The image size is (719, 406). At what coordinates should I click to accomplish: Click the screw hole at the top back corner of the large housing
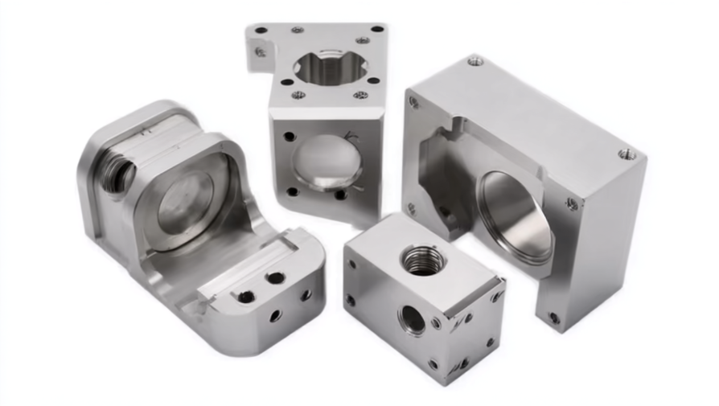pyautogui.click(x=475, y=60)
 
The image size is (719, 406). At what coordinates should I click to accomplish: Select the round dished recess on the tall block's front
pyautogui.click(x=326, y=161)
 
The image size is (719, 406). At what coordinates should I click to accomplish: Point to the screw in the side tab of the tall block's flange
pyautogui.click(x=261, y=52)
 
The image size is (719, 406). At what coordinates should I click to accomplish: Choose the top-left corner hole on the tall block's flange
pyautogui.click(x=261, y=31)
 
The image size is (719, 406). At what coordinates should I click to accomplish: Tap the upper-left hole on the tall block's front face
pyautogui.click(x=288, y=136)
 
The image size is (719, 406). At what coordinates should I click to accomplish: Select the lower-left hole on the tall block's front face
pyautogui.click(x=292, y=191)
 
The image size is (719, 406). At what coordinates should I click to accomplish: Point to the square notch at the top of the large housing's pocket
pyautogui.click(x=458, y=125)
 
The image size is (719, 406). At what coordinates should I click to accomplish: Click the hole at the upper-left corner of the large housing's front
pyautogui.click(x=413, y=102)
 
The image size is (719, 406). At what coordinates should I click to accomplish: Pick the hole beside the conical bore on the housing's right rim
pyautogui.click(x=571, y=204)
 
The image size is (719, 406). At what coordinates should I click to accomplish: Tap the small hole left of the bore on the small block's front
pyautogui.click(x=351, y=301)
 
